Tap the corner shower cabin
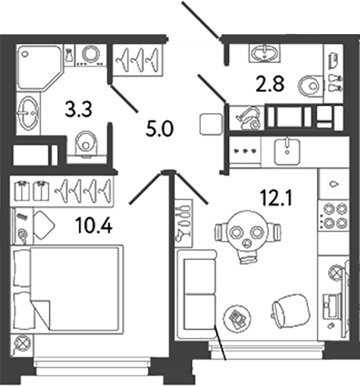coord(37,65)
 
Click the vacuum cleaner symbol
coord(248,118)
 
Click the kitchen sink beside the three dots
coord(287,149)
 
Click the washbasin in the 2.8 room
coord(265,52)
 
